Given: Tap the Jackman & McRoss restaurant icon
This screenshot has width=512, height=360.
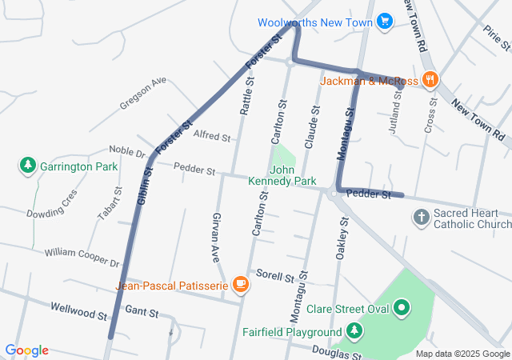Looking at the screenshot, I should (430, 79).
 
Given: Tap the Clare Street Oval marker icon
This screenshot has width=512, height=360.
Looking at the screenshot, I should (401, 306).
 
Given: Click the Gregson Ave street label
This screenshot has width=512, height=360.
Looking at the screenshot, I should (143, 94).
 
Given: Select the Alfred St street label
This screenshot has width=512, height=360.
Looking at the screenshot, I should (212, 136).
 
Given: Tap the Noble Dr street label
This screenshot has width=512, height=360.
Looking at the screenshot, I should (127, 152).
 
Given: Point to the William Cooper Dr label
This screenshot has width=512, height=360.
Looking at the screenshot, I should (82, 258).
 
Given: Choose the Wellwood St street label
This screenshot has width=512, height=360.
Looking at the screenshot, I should (78, 310).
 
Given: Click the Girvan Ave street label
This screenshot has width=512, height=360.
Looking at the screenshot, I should (216, 238).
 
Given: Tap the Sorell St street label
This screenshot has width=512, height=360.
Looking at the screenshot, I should (276, 276).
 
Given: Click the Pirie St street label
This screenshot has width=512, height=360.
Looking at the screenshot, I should (492, 37).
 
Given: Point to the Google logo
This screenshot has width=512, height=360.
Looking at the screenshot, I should (26, 350).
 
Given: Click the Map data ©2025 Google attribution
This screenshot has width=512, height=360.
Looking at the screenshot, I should (462, 354).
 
